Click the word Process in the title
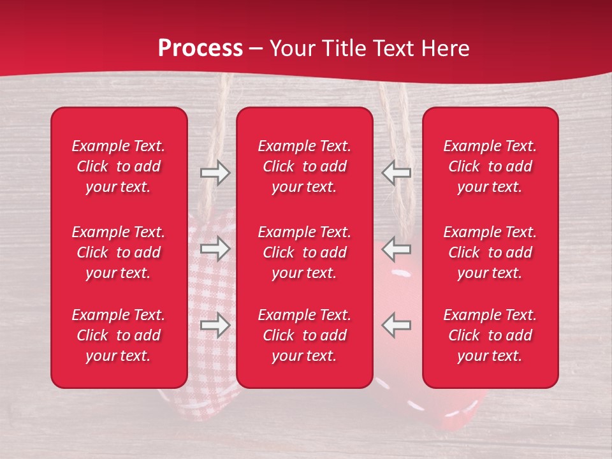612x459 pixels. (200, 48)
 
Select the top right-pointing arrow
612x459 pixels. (215, 173)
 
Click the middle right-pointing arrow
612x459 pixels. (215, 249)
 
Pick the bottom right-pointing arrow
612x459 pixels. (215, 325)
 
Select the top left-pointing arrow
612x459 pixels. (397, 173)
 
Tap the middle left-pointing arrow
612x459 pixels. (397, 249)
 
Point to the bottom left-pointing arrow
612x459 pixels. (397, 325)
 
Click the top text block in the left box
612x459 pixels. (119, 166)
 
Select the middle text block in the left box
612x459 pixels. (119, 252)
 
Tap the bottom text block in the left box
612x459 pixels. (119, 335)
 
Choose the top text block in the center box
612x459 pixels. (305, 166)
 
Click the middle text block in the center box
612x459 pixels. (305, 252)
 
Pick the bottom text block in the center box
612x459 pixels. (305, 335)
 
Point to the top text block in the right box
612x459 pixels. (490, 166)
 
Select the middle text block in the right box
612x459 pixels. (490, 252)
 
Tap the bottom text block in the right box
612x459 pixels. (490, 335)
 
